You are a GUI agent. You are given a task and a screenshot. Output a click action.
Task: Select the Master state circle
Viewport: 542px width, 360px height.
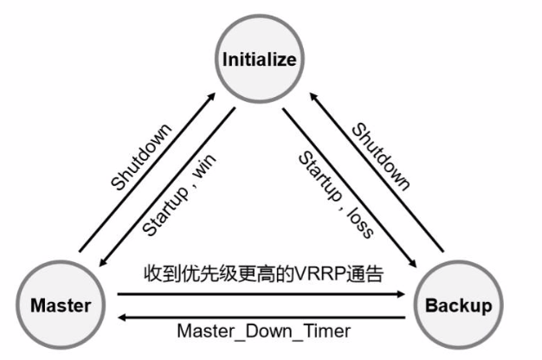tap(61, 305)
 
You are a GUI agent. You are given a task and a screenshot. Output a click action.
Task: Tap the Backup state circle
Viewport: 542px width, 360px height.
tap(458, 305)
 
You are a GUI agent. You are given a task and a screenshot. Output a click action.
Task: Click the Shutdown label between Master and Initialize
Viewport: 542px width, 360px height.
tap(142, 156)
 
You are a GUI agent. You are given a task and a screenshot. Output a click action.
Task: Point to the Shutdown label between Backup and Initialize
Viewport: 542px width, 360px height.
tap(381, 156)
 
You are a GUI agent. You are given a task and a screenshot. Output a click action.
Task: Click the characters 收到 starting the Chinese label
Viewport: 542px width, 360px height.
tap(157, 274)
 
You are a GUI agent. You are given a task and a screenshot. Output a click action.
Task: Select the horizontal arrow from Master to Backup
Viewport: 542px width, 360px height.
tap(260, 295)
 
